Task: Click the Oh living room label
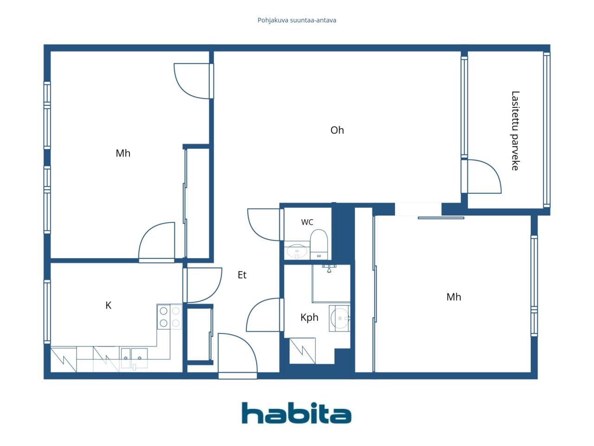point(337,130)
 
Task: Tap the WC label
point(307,222)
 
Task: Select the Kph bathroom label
point(310,317)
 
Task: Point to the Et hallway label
point(242,275)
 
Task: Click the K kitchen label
point(108,305)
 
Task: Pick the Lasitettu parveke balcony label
point(515,131)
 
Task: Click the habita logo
point(297,413)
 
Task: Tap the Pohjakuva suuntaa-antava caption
point(297,20)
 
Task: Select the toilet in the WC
point(319,244)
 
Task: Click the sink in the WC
point(297,251)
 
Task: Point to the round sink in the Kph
point(340,318)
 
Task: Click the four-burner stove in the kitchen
point(169,316)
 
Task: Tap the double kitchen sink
point(134,358)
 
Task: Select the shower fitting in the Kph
point(329,269)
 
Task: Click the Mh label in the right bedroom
point(453,297)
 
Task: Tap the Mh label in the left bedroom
point(123,153)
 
